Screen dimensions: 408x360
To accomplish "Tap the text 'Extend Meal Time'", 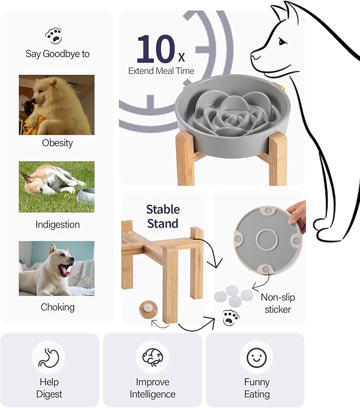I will (161, 71).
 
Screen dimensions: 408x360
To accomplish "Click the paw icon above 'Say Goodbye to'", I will (53, 36).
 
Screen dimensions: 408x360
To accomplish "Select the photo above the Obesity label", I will (57, 105).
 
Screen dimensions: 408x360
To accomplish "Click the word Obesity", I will (57, 143).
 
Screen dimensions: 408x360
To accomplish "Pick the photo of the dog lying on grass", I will (57, 187).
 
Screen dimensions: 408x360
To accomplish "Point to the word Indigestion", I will (57, 224).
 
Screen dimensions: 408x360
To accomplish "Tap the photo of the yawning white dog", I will (57, 268).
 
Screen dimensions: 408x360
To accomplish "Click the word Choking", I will (57, 307).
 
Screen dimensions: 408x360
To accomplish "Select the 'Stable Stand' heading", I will (163, 216).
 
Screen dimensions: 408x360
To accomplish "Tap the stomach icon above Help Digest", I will (49, 358).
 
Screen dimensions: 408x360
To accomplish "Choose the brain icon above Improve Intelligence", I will (152, 358).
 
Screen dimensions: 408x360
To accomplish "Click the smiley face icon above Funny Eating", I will (257, 358).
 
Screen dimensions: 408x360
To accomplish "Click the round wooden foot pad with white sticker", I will (145, 308).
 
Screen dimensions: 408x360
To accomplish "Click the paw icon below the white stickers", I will (231, 317).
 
